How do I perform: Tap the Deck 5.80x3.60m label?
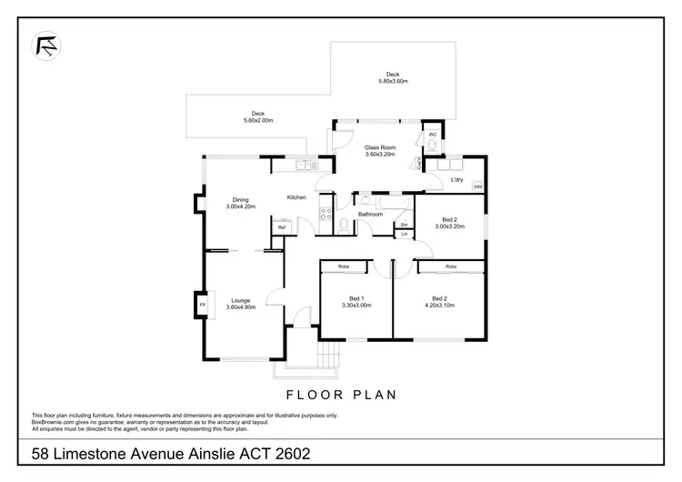393,78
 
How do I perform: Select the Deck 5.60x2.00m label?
258,117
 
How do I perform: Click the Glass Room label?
380,150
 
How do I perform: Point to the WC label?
433,136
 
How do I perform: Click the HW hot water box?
477,187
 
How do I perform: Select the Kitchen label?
296,197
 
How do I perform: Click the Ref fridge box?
281,227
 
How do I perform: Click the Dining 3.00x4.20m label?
240,203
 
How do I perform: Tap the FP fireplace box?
202,304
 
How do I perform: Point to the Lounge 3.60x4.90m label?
241,304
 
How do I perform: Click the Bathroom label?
369,215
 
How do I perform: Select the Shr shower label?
404,223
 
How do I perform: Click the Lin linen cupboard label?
404,235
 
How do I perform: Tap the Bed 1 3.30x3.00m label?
356,302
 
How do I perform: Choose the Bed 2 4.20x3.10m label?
439,302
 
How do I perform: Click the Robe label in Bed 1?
344,266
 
